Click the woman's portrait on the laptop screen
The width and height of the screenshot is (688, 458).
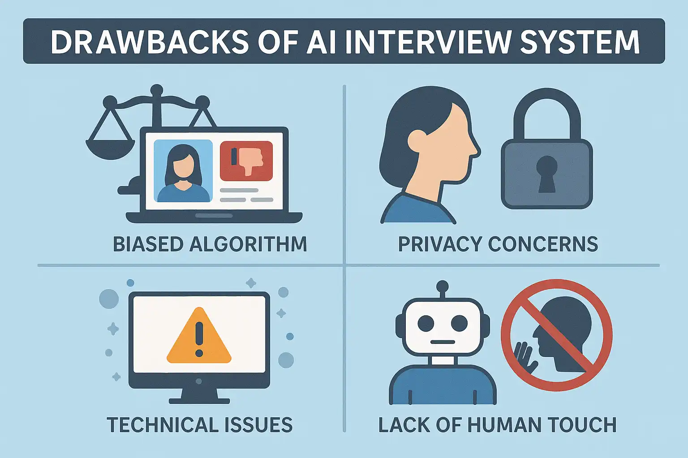(x=183, y=171)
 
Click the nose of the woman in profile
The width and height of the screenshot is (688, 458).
(x=476, y=150)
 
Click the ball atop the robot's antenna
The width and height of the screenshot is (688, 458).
(x=443, y=286)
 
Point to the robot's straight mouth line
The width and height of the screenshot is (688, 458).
(x=443, y=343)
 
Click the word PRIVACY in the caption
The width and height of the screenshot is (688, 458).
(x=440, y=244)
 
